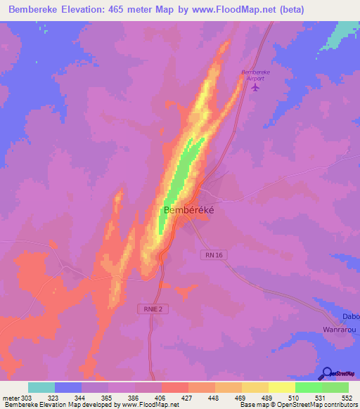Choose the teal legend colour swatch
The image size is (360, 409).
[x=41, y=387]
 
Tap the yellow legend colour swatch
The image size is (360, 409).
[x=281, y=387]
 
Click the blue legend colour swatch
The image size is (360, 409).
[x=68, y=387]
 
